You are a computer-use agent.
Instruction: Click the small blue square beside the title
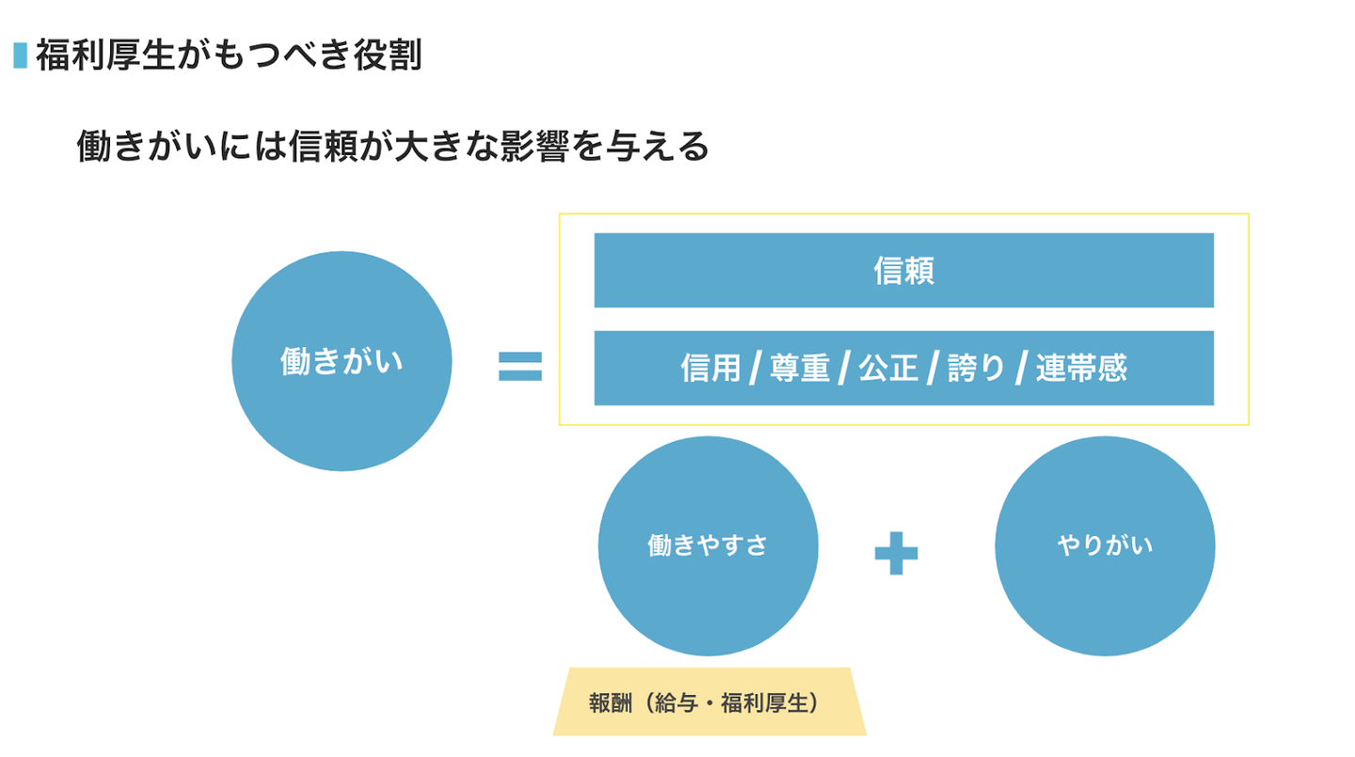20,55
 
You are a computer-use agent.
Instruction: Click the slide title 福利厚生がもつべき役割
229,55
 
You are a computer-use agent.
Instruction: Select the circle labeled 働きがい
342,362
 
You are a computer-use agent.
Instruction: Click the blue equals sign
520,366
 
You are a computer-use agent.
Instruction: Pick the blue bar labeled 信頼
903,270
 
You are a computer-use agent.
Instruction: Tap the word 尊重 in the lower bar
800,369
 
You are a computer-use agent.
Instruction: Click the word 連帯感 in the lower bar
1081,369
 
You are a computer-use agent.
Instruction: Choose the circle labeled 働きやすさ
708,545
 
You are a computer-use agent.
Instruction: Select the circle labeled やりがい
1105,545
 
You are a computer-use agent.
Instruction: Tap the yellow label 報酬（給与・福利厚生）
709,702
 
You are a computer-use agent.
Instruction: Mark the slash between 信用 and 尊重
755,369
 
